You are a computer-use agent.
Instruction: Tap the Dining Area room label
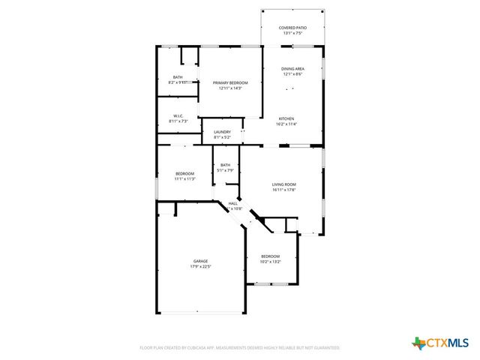(292, 68)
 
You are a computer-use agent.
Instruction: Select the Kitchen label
(287, 118)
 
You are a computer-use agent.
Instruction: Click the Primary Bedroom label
(230, 82)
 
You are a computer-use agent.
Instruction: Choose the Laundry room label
(222, 132)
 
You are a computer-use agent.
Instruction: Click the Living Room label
(284, 184)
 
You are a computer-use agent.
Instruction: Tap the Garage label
(199, 261)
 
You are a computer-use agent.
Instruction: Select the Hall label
(232, 203)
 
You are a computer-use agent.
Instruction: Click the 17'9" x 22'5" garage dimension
(199, 266)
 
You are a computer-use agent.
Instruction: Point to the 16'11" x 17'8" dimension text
(284, 189)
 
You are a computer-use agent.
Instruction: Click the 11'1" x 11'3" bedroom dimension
(184, 178)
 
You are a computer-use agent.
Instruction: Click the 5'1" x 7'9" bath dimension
(226, 170)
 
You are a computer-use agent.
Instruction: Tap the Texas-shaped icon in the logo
(418, 343)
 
